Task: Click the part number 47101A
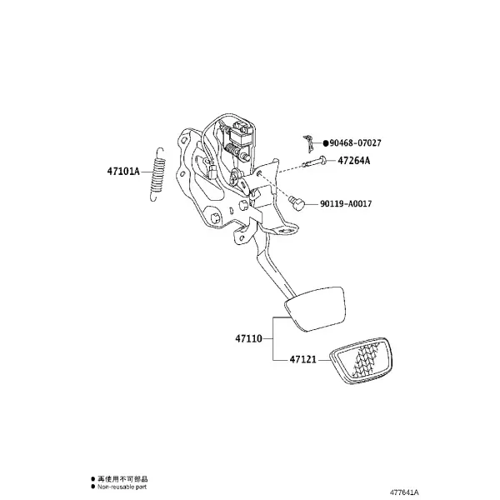tap(123, 172)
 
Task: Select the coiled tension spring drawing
tap(157, 174)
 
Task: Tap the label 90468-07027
tap(355, 142)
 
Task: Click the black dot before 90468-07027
tap(326, 143)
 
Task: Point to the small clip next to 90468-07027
tap(307, 142)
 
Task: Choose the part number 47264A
tap(354, 161)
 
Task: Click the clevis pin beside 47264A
tap(314, 162)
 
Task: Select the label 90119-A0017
tap(346, 203)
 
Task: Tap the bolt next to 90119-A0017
tap(297, 202)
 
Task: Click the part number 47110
tap(248, 338)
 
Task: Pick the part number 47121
tap(303, 359)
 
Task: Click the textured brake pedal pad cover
tap(361, 360)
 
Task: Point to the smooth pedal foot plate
tap(315, 308)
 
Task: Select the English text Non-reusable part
tap(122, 487)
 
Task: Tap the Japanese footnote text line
tap(122, 479)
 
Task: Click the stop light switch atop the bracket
tap(241, 136)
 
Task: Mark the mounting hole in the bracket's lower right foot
tap(286, 230)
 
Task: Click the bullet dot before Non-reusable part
tap(93, 487)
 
